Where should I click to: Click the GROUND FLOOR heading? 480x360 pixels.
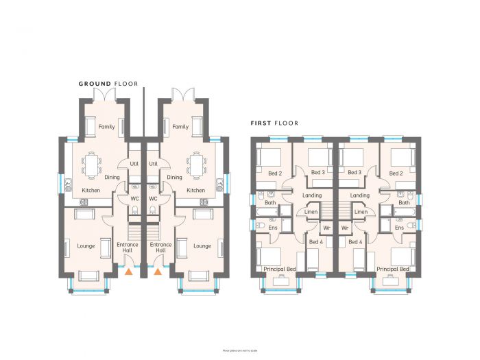click(108, 84)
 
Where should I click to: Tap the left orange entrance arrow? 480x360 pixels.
click(128, 272)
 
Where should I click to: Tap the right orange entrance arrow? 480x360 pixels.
click(158, 272)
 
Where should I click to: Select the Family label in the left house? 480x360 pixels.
click(106, 127)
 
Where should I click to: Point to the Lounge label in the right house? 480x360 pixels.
click(202, 246)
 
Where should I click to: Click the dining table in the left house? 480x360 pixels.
click(93, 164)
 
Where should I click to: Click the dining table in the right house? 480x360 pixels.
click(197, 164)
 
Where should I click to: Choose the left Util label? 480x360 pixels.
click(134, 165)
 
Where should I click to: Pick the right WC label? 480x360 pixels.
click(154, 199)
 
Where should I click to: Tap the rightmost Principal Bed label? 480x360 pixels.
click(393, 269)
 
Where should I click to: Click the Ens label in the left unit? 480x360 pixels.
click(272, 227)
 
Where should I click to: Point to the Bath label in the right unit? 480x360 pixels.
click(404, 203)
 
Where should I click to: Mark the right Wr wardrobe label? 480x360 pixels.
click(345, 227)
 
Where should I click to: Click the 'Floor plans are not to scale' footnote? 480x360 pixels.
click(240, 350)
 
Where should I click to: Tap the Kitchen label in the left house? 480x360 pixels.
click(92, 190)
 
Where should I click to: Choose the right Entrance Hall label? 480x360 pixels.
click(160, 248)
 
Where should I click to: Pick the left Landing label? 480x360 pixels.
click(312, 195)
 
